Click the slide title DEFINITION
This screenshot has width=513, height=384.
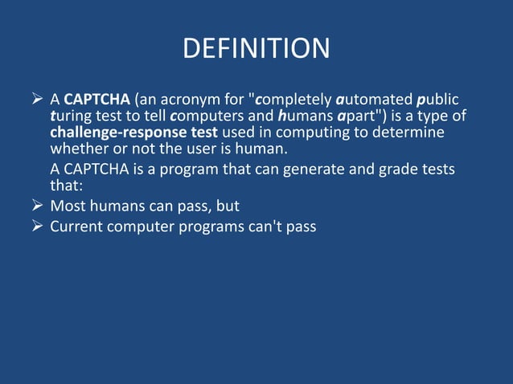point(256,49)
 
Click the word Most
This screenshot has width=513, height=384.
point(68,206)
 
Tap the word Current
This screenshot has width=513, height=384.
point(77,227)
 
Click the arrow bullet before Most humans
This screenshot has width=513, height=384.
point(36,206)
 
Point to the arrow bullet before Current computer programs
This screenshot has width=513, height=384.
point(36,227)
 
